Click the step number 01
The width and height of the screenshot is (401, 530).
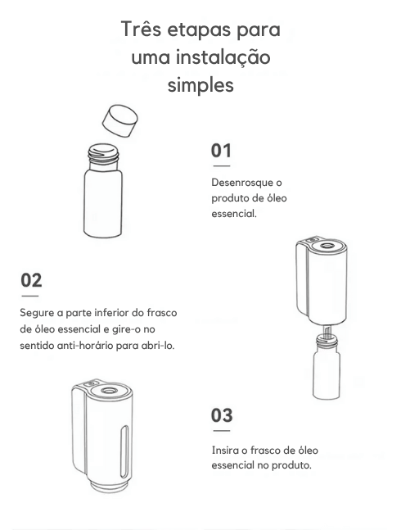pyautogui.click(x=221, y=151)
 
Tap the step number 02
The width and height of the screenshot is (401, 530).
pyautogui.click(x=31, y=280)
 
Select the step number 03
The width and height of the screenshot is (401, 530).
pyautogui.click(x=222, y=415)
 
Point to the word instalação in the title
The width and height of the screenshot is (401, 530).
pyautogui.click(x=223, y=57)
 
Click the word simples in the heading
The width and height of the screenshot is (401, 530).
pyautogui.click(x=200, y=84)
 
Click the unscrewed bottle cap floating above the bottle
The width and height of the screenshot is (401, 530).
pyautogui.click(x=120, y=120)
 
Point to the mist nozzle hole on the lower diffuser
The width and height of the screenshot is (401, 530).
pyautogui.click(x=108, y=391)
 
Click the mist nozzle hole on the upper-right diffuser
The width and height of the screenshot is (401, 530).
pyautogui.click(x=327, y=245)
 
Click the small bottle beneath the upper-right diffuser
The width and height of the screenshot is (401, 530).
pyautogui.click(x=327, y=366)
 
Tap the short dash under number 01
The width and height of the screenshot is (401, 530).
pyautogui.click(x=222, y=166)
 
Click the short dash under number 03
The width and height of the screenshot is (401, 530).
pyautogui.click(x=222, y=431)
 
